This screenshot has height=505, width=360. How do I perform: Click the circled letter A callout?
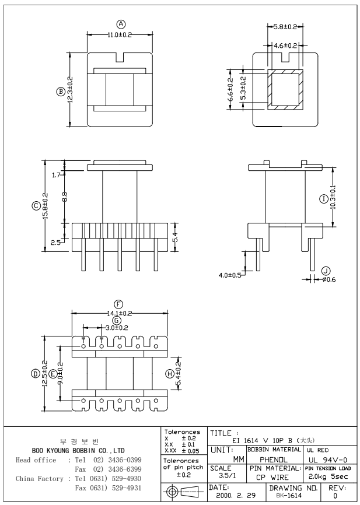[121, 24]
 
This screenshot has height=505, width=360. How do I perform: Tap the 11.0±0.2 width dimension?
[120, 34]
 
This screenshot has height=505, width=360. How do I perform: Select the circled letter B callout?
[60, 91]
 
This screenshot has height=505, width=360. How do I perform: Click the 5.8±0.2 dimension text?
[286, 27]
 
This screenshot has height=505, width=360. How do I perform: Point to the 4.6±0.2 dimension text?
[286, 45]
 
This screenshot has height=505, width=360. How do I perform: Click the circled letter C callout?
[36, 205]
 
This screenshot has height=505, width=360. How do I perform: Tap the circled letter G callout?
[117, 320]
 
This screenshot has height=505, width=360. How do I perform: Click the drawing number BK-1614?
[288, 495]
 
